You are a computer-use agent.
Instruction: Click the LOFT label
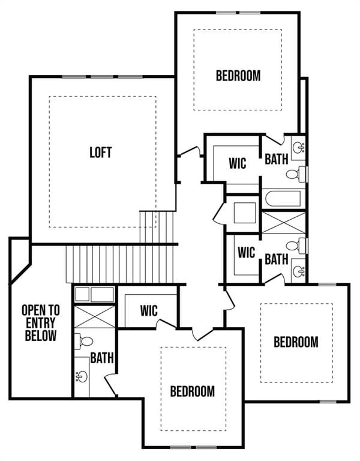pyautogui.click(x=101, y=152)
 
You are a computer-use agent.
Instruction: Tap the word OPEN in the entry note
pyautogui.click(x=41, y=310)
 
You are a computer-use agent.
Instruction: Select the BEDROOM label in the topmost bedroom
pyautogui.click(x=238, y=76)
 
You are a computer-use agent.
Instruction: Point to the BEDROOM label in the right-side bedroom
pyautogui.click(x=296, y=342)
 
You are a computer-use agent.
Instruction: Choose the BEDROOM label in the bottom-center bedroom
pyautogui.click(x=192, y=391)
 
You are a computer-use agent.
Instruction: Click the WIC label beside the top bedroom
pyautogui.click(x=238, y=163)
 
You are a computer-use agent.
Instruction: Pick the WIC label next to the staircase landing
pyautogui.click(x=149, y=311)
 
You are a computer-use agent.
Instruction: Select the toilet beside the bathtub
pyautogui.click(x=294, y=175)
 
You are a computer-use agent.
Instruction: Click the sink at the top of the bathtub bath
pyautogui.click(x=298, y=146)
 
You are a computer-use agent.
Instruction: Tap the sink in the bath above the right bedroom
pyautogui.click(x=298, y=271)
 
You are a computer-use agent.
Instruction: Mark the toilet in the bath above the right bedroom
pyautogui.click(x=294, y=246)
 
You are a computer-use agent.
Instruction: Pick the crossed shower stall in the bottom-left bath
pyautogui.click(x=94, y=316)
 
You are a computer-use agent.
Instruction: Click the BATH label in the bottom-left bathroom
pyautogui.click(x=102, y=358)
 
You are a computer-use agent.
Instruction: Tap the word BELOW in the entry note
pyautogui.click(x=41, y=336)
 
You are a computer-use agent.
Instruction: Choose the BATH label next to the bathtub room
pyautogui.click(x=277, y=158)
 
